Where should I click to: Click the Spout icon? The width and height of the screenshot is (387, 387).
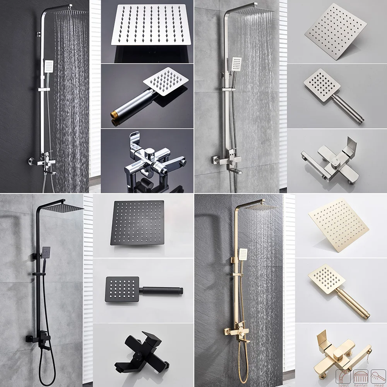pos(343,376)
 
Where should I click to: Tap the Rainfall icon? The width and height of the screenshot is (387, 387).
pos(360,376)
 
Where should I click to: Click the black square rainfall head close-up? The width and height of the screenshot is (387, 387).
pos(137,223)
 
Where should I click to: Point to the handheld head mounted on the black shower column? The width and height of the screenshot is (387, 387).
pos(46,253)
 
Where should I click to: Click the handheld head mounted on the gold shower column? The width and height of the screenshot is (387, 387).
pos(243,254)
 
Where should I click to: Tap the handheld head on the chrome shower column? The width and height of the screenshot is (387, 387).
pos(48,67)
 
